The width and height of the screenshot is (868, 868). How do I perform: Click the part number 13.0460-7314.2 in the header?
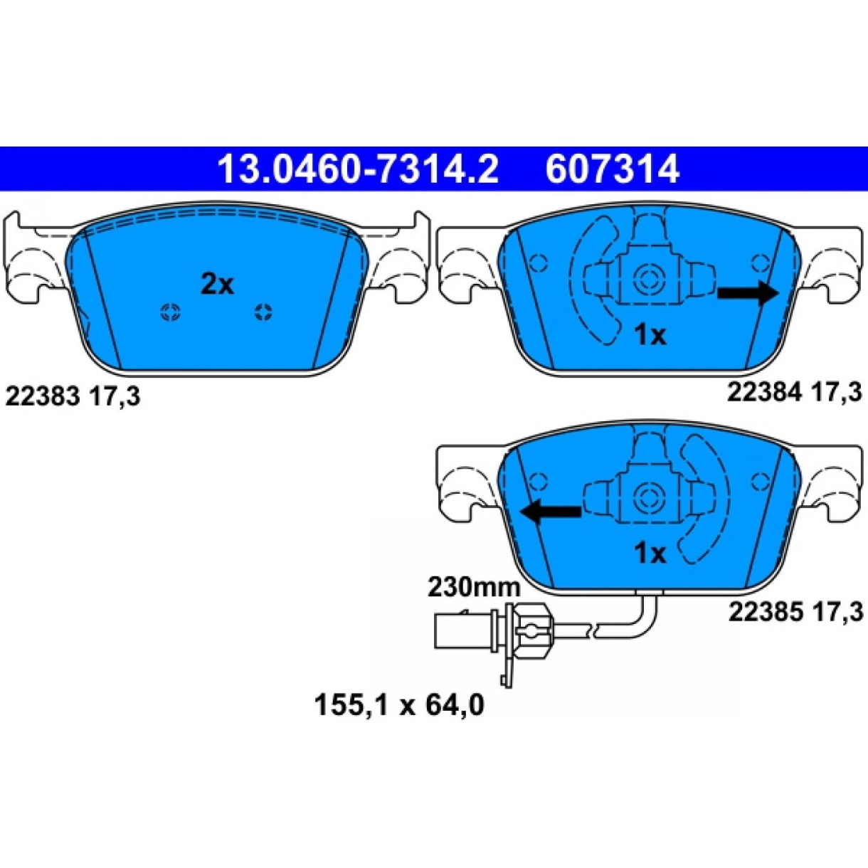click(358, 169)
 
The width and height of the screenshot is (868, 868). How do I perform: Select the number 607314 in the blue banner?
click(612, 169)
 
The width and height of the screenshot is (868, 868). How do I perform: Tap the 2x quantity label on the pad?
click(217, 285)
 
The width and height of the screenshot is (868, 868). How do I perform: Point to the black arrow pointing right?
click(748, 293)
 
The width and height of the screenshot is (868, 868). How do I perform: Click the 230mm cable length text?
click(474, 588)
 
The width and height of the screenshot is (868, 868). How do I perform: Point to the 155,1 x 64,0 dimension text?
click(399, 705)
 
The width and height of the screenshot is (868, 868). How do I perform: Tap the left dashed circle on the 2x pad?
click(171, 312)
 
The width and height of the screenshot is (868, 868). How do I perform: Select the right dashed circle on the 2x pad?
click(263, 312)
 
